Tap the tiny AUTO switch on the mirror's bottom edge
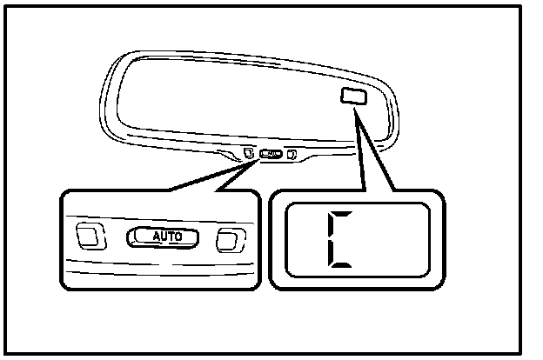coord(271,156)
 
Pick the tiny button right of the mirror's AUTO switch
coord(292,156)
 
